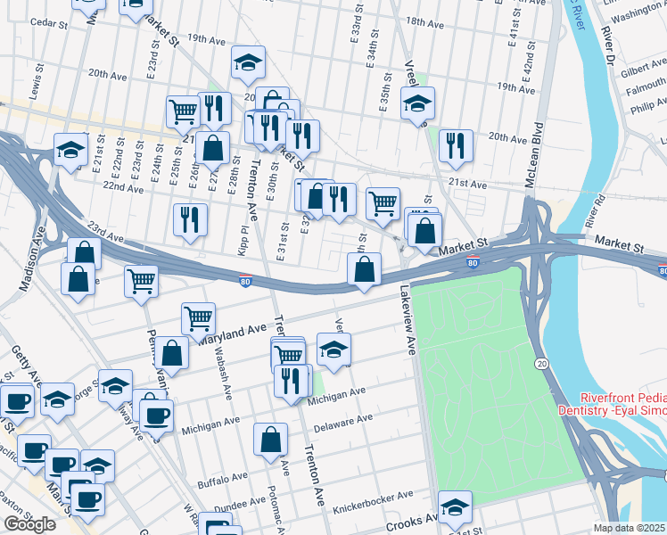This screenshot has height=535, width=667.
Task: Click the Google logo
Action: [29, 524]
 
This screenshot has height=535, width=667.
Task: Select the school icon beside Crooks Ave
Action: [455, 506]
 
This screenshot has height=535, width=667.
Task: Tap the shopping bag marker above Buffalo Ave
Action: [270, 440]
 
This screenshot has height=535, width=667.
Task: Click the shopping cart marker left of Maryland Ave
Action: [198, 317]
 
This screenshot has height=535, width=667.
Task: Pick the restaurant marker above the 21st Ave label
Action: [457, 146]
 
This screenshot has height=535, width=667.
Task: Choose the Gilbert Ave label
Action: [644, 69]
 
